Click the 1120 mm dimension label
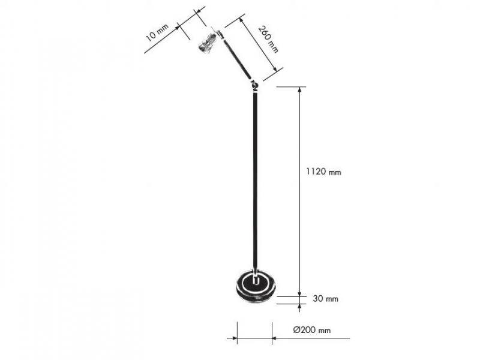click(x=323, y=172)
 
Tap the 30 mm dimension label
click(x=325, y=298)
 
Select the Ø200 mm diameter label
click(x=312, y=330)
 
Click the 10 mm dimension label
click(x=157, y=32)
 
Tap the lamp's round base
click(x=256, y=286)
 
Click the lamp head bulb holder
click(x=208, y=42)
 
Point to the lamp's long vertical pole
click(x=256, y=181)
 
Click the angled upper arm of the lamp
click(x=236, y=56)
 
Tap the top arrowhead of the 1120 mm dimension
click(x=300, y=91)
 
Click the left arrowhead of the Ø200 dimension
click(x=233, y=338)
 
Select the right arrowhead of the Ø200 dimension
click(x=275, y=338)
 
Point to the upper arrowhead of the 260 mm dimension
click(x=242, y=20)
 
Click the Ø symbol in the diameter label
click(x=296, y=330)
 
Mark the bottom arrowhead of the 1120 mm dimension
click(x=300, y=293)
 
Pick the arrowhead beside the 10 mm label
click(x=176, y=28)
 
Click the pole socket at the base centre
click(x=256, y=280)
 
